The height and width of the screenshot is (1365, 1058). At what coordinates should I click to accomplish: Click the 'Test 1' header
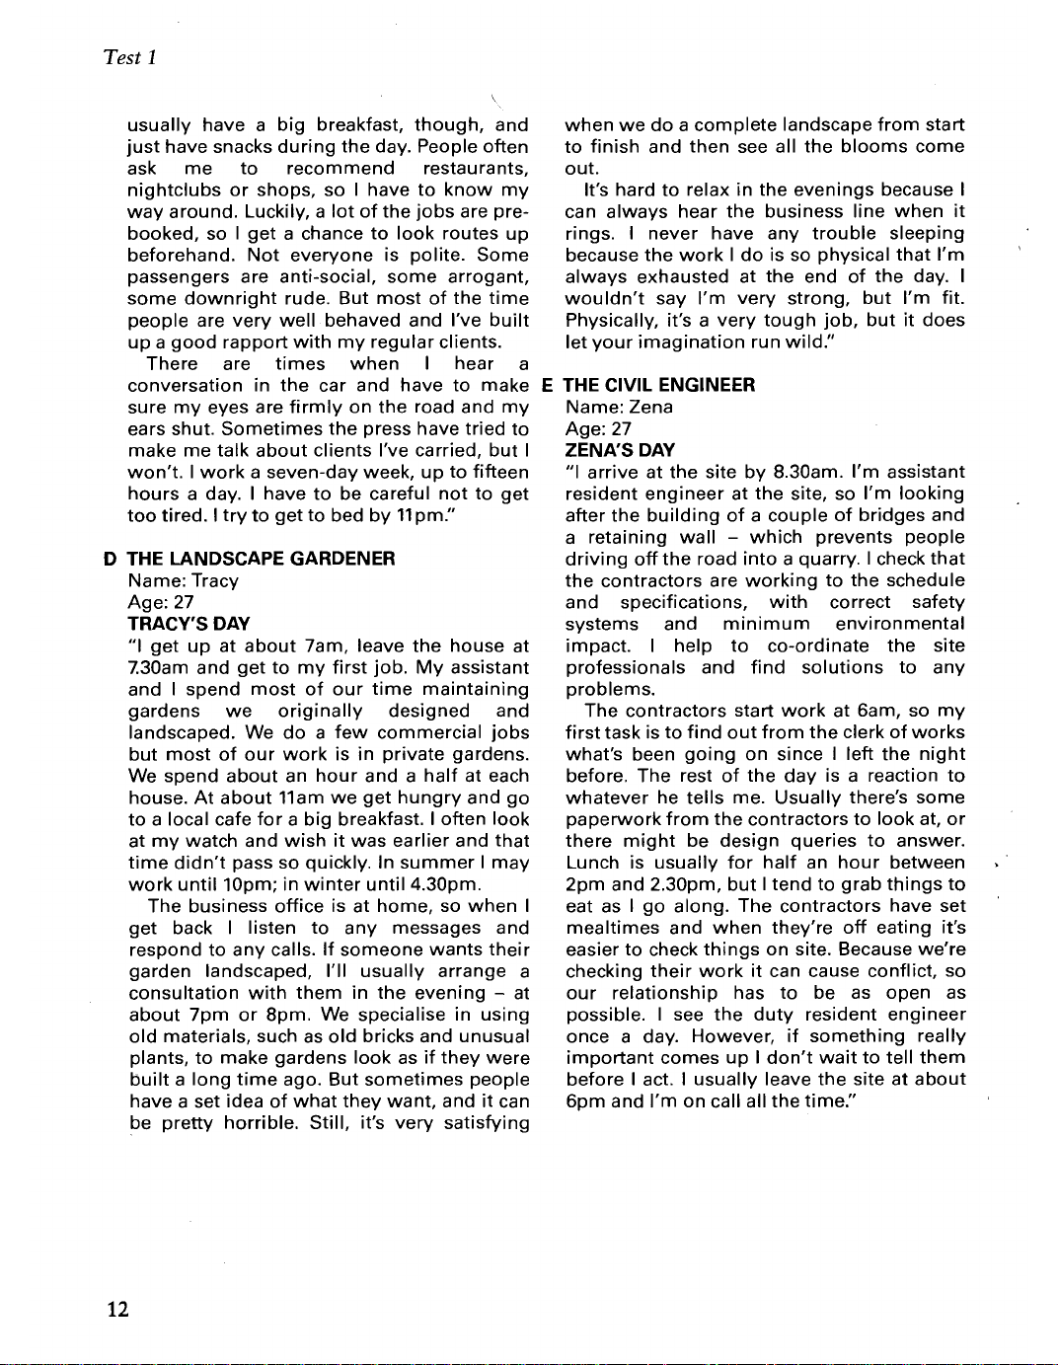130,57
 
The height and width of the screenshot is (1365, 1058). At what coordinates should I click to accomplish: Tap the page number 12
117,1309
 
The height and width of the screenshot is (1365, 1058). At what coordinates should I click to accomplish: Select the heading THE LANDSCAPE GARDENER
261,559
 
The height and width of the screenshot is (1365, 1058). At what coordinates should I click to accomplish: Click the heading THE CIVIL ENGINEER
659,385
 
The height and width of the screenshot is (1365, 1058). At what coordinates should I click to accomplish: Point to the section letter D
111,559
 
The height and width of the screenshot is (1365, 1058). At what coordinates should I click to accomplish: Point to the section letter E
548,385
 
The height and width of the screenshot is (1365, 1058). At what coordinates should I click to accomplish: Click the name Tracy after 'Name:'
215,580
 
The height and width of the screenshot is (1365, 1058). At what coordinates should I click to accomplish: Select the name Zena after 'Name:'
651,407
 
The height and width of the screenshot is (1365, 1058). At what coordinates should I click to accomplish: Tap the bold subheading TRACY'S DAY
189,624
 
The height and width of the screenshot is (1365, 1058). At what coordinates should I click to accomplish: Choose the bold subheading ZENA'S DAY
620,450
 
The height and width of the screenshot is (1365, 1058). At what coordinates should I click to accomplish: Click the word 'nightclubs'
175,190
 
